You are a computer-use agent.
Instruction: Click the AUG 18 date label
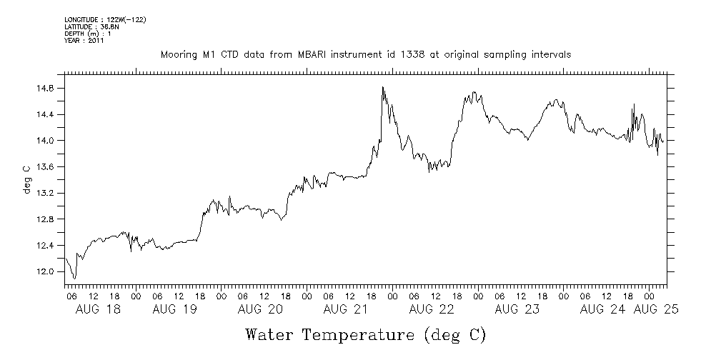(x=98, y=309)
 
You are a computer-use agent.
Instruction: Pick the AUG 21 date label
(x=346, y=309)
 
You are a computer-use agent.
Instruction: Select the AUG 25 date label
(x=655, y=309)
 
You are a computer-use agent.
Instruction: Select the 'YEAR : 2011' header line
(x=84, y=41)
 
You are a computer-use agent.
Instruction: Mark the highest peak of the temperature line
(x=383, y=87)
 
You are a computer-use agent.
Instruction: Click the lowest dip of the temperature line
(x=74, y=278)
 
